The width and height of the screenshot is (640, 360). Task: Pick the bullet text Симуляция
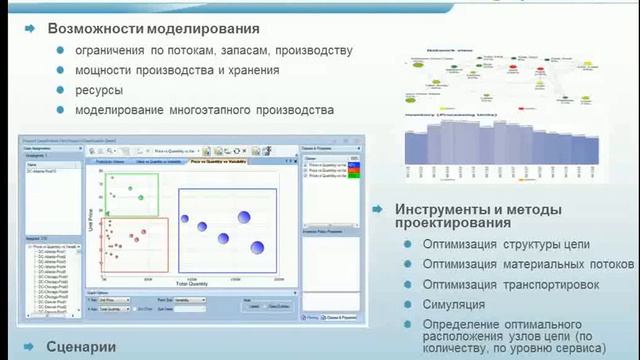pos(454,304)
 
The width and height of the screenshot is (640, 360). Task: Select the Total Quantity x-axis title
pos(196,284)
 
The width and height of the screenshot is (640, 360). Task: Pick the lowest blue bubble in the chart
pos(257,247)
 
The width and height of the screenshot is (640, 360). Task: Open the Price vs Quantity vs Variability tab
pos(219,160)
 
